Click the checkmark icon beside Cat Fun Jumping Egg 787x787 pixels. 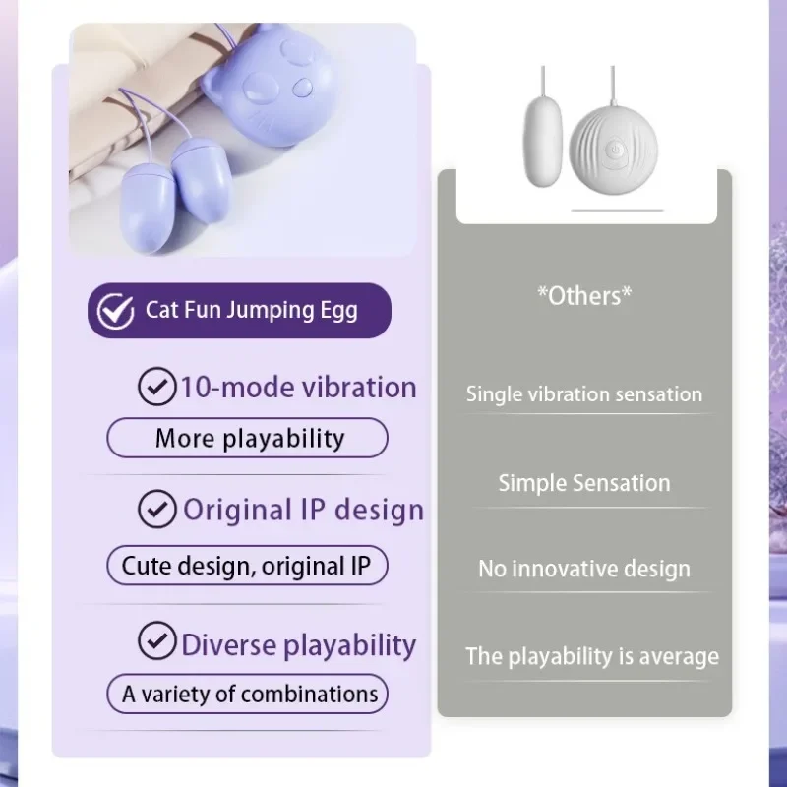pos(116,311)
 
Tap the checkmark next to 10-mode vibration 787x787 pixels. pos(155,387)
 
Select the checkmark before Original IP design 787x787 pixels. pos(155,510)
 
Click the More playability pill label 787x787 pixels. pos(248,438)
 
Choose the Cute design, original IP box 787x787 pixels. pos(246,566)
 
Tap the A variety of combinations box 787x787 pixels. pos(248,694)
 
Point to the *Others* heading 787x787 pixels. pos(584,296)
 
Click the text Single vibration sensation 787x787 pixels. pos(584,394)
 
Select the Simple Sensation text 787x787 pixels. pos(584,483)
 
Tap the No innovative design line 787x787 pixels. pos(584,569)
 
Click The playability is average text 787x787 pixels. pos(592,656)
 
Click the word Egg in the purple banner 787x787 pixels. pos(337,311)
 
